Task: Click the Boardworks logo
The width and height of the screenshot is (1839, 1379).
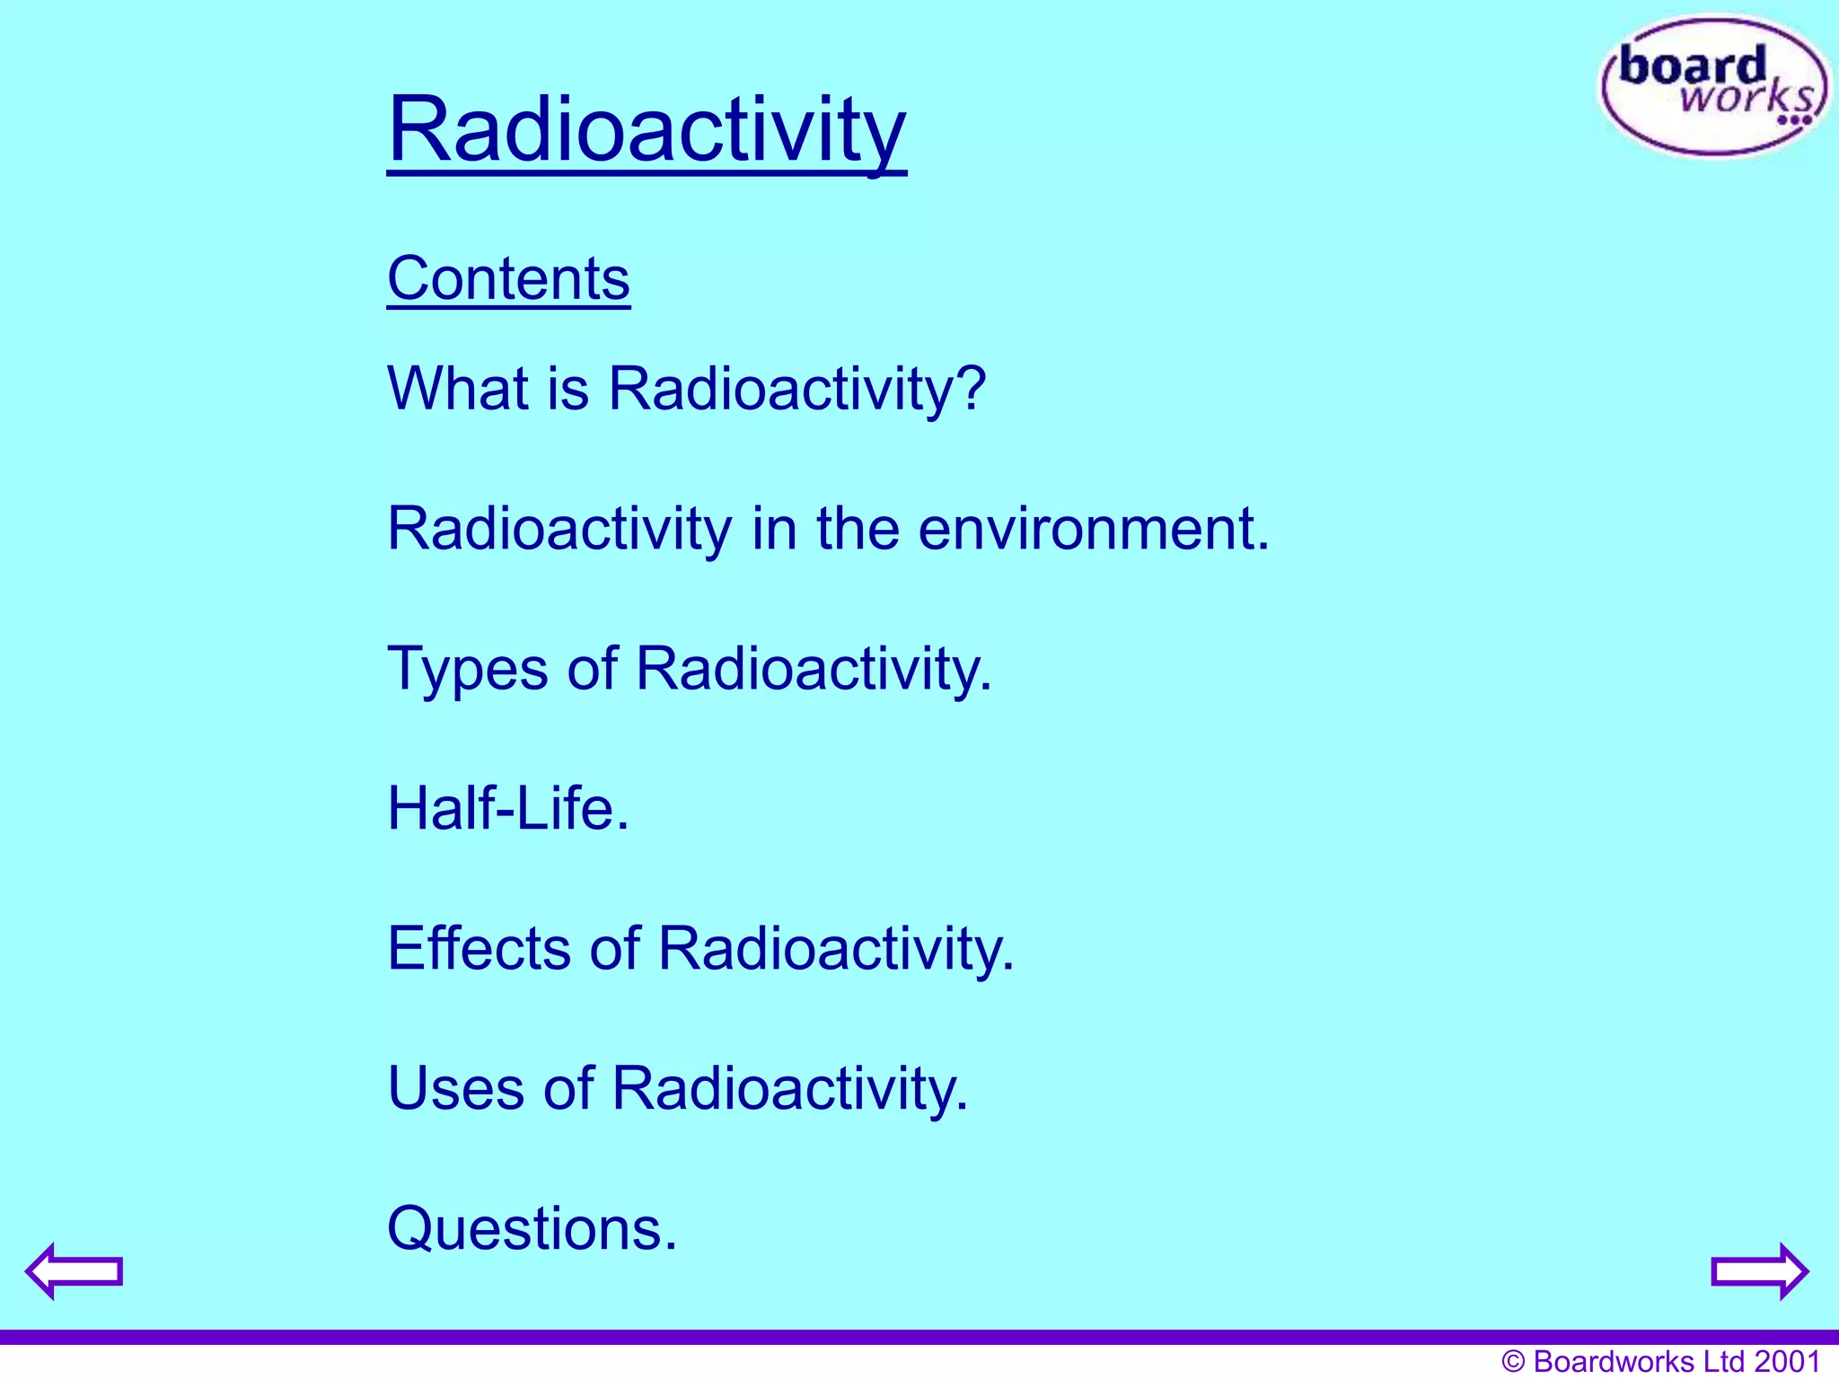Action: (1713, 87)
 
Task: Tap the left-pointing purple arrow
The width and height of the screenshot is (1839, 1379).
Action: (74, 1270)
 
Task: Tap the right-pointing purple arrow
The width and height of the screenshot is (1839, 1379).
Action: (1759, 1270)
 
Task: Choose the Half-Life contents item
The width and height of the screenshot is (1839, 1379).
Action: (508, 809)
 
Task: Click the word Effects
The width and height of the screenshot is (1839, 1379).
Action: (479, 949)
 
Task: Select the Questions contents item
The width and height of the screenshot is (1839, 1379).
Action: (532, 1229)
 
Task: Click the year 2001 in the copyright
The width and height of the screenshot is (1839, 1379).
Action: (1787, 1361)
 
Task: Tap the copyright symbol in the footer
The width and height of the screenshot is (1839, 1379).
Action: (1513, 1362)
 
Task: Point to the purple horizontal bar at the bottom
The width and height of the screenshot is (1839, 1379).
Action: (919, 1337)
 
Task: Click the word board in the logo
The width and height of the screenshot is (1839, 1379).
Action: (1692, 67)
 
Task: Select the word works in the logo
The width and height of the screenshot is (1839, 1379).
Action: (1747, 97)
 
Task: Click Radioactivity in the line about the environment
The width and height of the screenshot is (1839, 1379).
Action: (559, 529)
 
